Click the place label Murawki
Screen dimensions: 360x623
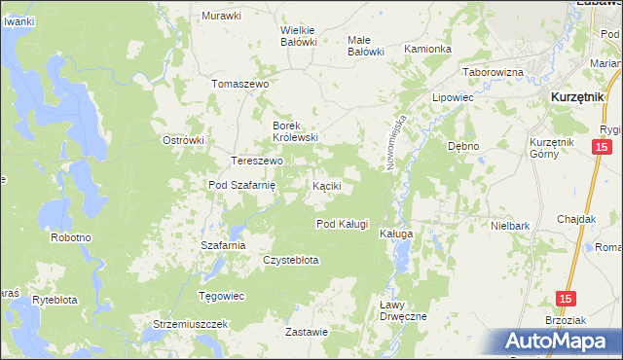[221, 17]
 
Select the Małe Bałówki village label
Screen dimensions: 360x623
[366, 45]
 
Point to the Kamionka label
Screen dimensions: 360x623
[427, 49]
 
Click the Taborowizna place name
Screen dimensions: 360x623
[494, 73]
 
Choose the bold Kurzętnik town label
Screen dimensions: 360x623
[580, 98]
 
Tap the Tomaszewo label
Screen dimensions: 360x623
[239, 84]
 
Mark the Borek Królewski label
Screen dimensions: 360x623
[295, 131]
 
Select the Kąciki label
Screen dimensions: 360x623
[325, 185]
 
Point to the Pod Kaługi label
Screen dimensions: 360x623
[342, 224]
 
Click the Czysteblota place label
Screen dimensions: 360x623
[291, 260]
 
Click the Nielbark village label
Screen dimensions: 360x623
[510, 226]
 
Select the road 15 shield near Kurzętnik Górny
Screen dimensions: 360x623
[602, 147]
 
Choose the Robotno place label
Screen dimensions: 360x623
[71, 237]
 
